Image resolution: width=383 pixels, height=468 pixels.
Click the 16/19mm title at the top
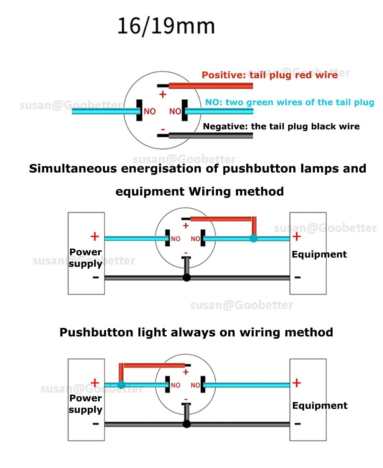(166, 26)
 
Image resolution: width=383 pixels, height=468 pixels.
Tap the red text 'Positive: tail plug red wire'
(270, 75)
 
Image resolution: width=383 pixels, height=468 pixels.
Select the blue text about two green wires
(290, 102)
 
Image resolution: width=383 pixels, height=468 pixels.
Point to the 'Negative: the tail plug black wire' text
(281, 127)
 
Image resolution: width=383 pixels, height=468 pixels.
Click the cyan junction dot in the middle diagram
(253, 239)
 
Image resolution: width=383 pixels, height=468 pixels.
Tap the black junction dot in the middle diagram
(187, 277)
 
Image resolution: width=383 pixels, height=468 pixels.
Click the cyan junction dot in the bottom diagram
(121, 385)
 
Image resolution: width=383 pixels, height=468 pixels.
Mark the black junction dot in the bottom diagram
(187, 424)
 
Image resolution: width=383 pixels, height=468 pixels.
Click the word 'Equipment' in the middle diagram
(319, 254)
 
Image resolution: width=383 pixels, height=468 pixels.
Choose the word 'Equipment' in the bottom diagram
(320, 405)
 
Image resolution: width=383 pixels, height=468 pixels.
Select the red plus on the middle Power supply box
(95, 236)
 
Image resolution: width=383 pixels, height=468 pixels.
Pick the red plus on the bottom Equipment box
(296, 382)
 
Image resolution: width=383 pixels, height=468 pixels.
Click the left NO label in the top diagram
(150, 111)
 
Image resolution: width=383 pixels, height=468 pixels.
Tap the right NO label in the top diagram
(175, 111)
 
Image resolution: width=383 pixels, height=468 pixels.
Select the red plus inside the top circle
(163, 94)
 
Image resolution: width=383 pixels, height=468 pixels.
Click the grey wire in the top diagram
(211, 135)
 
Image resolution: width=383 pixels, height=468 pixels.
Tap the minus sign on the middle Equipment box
(298, 277)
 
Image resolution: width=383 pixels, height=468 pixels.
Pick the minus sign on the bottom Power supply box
(95, 424)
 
